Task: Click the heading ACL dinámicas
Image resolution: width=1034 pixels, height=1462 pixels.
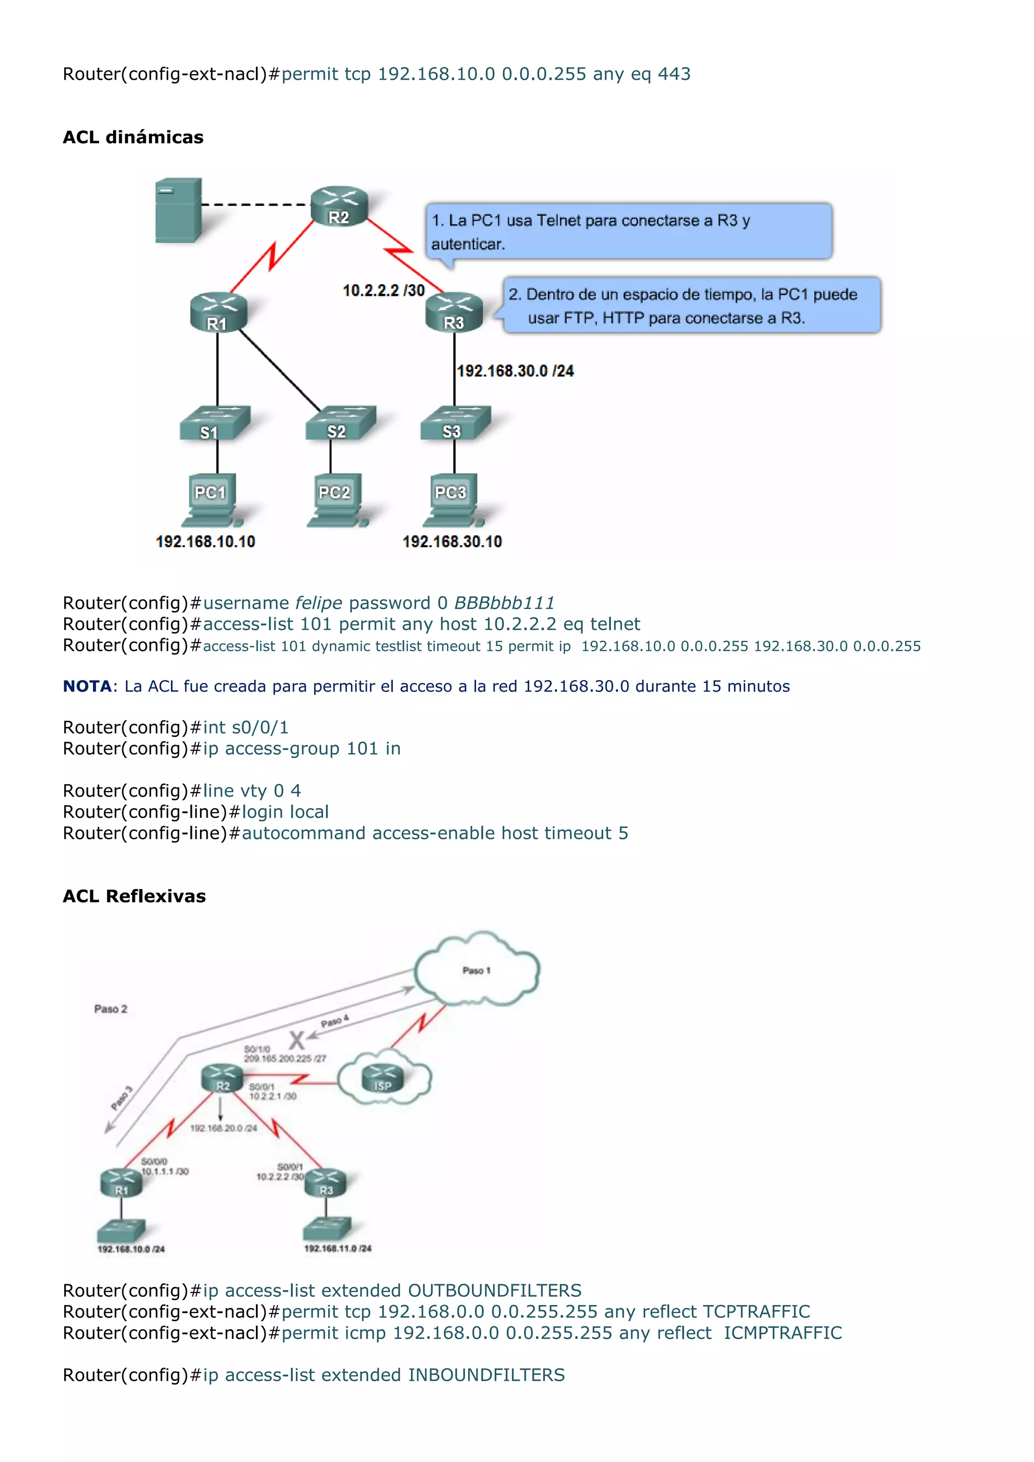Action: click(x=133, y=137)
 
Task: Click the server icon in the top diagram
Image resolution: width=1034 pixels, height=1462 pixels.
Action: click(x=178, y=210)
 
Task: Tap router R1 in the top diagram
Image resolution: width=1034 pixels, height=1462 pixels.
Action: click(x=218, y=312)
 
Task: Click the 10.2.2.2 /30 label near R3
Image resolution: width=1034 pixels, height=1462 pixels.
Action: click(x=383, y=290)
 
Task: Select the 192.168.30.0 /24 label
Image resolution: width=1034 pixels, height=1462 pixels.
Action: click(x=515, y=371)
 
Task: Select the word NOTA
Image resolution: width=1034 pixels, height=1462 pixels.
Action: click(x=87, y=687)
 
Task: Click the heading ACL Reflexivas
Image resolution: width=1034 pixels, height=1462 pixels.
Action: click(x=134, y=896)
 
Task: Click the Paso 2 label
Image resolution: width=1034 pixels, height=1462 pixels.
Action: click(x=111, y=1009)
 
